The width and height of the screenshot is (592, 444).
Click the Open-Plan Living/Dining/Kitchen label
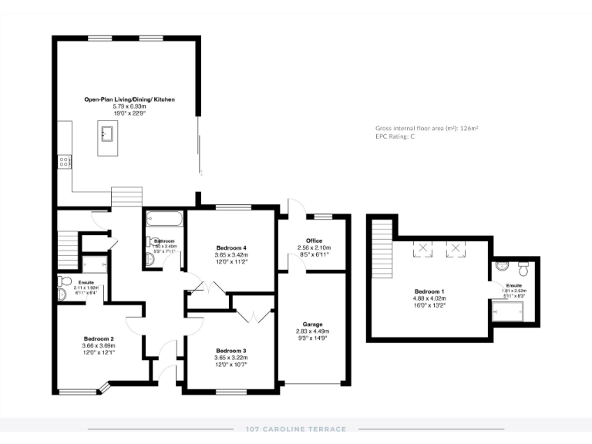click(129, 99)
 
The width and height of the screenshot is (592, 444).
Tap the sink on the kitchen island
click(107, 134)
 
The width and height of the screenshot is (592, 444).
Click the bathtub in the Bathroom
click(164, 221)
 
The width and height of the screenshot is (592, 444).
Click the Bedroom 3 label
click(231, 350)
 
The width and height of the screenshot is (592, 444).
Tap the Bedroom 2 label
click(99, 338)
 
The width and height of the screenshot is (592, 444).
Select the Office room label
click(314, 240)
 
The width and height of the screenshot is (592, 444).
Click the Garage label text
click(313, 324)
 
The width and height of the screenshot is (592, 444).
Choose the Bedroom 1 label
click(429, 291)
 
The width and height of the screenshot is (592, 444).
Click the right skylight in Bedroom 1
click(458, 248)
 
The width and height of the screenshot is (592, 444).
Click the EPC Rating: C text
click(395, 136)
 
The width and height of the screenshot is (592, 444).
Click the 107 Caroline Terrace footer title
click(296, 429)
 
